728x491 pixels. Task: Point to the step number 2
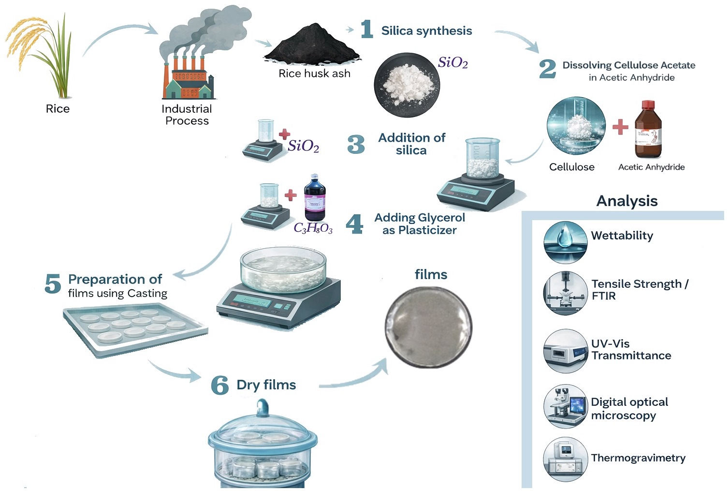(x=548, y=69)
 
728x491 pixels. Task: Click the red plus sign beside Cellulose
(x=620, y=127)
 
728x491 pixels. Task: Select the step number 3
(x=356, y=144)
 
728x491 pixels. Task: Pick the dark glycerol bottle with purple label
(x=315, y=198)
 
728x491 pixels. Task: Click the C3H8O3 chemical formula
(x=313, y=228)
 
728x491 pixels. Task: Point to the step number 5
(x=53, y=283)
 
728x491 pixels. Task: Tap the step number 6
(x=220, y=385)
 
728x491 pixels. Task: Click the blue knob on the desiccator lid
(x=262, y=407)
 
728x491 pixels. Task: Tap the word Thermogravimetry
(x=638, y=458)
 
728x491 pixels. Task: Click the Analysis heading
(x=627, y=201)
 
